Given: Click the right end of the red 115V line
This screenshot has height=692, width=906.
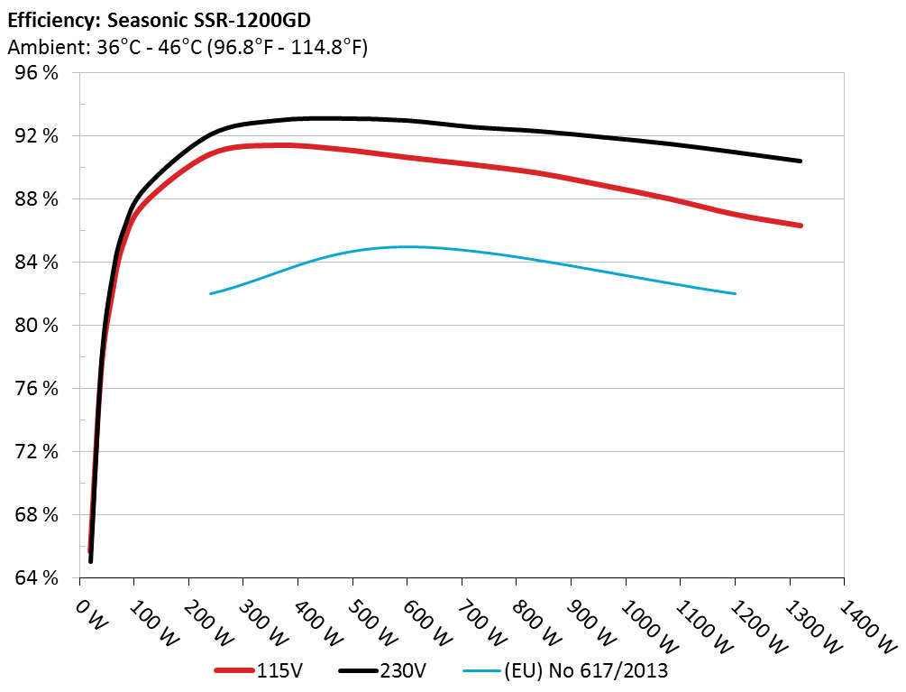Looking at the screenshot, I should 801,226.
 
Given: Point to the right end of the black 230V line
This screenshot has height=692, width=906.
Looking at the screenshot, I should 801,161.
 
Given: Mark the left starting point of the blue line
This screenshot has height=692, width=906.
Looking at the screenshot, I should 211,293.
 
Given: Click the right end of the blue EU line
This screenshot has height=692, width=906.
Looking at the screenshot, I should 736,293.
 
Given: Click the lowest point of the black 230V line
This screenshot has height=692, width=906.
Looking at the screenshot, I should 91,561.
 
